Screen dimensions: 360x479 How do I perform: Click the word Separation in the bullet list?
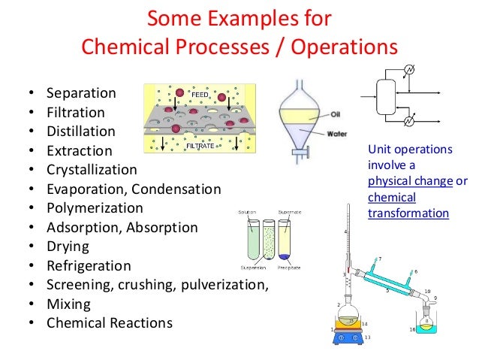click(x=81, y=94)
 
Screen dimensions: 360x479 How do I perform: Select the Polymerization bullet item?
click(x=94, y=207)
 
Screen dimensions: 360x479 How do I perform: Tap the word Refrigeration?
click(x=89, y=266)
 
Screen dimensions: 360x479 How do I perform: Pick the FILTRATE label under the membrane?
click(x=200, y=145)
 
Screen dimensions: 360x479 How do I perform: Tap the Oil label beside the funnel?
click(x=336, y=115)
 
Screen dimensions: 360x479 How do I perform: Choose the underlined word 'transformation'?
click(x=408, y=213)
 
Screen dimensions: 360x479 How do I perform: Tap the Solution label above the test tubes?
click(x=247, y=213)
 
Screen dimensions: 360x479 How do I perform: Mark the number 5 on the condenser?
click(x=387, y=289)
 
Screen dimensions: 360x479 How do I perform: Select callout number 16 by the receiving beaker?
click(x=412, y=330)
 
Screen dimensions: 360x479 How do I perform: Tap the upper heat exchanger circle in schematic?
click(x=408, y=71)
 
